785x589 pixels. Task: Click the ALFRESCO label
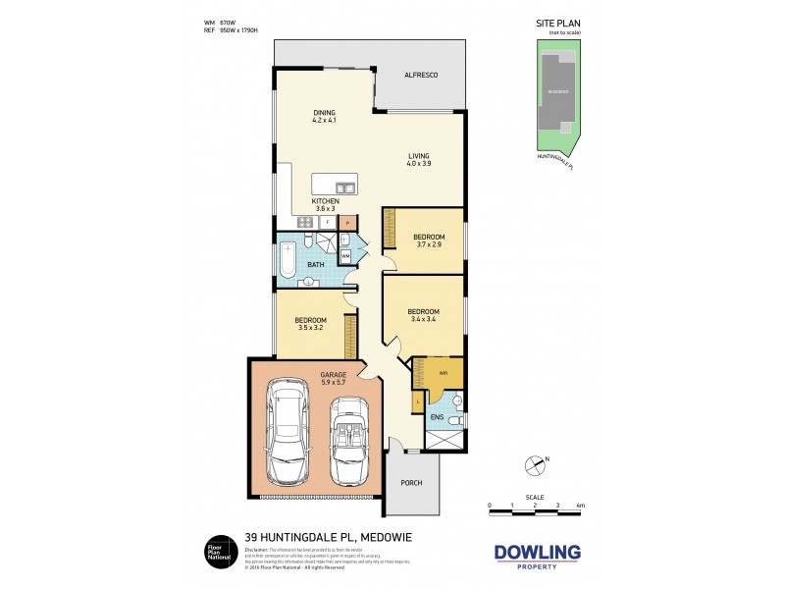[x=420, y=76]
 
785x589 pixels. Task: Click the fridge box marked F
[x=327, y=223]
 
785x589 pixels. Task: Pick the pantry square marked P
[x=346, y=223]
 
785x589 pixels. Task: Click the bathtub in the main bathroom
[x=288, y=262]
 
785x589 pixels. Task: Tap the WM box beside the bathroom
[x=345, y=256]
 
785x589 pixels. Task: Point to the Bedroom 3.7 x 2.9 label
[x=428, y=241]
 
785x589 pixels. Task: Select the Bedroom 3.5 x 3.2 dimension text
[x=310, y=328]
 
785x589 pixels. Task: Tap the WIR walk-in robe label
[x=443, y=373]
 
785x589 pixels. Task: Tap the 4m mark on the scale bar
[x=580, y=506]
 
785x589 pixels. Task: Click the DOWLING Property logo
[x=536, y=557]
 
